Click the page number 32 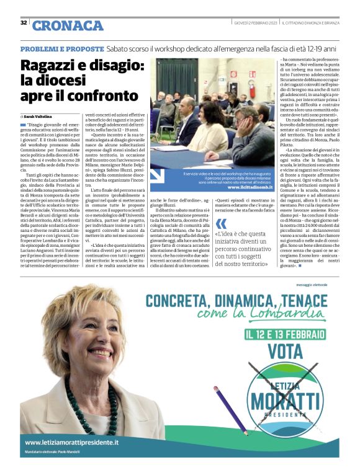24,23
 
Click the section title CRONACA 68,25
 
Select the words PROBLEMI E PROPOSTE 61,48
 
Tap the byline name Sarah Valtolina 39,116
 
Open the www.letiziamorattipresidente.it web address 71,443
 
